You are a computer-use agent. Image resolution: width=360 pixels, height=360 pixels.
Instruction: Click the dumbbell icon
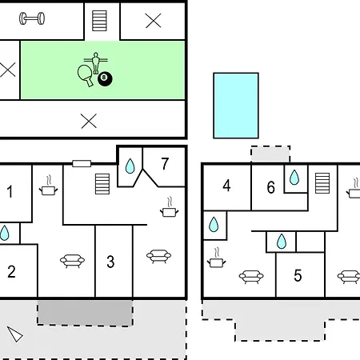point(32,18)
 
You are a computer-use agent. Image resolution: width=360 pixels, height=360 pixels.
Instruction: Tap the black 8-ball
point(105,79)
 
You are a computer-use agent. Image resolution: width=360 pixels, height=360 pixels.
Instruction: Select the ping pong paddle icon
point(86,75)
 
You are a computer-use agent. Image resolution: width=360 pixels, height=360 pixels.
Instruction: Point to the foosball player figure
point(95,62)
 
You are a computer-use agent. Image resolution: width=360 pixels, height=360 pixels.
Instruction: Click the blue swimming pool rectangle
point(236,106)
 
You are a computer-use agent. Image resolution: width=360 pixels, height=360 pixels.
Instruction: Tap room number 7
point(165,164)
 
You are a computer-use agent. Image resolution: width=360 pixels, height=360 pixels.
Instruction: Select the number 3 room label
point(110,262)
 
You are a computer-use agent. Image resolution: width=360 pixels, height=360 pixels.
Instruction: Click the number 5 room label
point(298,275)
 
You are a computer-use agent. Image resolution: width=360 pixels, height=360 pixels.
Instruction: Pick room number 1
point(10,191)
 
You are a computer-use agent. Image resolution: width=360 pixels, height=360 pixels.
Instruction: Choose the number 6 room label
point(271,187)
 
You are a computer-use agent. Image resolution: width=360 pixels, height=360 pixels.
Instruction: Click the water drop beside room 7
point(130,166)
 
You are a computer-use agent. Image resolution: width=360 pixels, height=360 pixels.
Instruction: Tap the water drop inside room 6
point(294,178)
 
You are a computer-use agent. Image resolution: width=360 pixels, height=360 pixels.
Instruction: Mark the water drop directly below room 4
point(214,224)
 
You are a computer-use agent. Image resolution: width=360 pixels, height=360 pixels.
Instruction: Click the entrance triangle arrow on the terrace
point(15,334)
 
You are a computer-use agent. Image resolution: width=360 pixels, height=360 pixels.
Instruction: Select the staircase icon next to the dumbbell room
point(99,21)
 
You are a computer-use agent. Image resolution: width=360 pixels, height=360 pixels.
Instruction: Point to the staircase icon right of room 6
point(322,183)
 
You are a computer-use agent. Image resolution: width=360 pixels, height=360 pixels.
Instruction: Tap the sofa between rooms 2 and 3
point(72,261)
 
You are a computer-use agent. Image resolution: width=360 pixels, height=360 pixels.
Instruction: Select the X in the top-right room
point(154,21)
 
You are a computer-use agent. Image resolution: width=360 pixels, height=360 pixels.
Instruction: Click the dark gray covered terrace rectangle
point(85,313)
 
